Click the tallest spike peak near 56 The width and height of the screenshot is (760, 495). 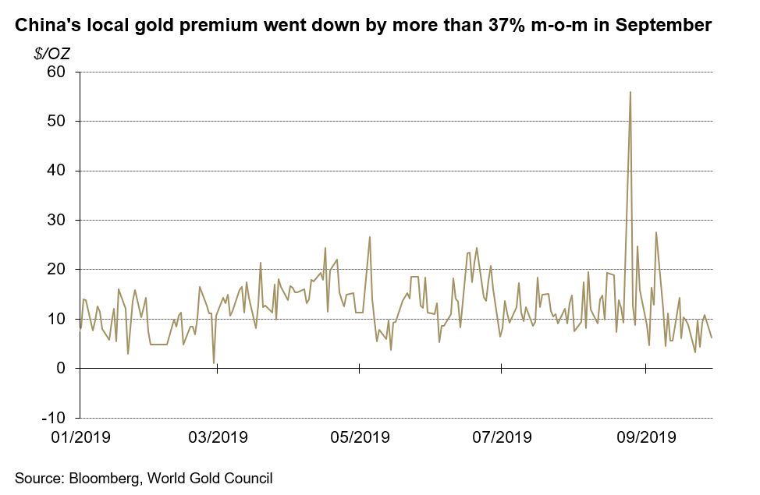coord(630,92)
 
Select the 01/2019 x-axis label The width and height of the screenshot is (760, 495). coord(80,437)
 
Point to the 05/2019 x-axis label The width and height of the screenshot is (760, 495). coord(360,437)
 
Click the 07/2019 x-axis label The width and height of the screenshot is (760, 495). coord(502,437)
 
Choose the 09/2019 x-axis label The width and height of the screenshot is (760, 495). coord(646,437)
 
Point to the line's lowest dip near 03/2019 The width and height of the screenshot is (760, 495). coord(214,362)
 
